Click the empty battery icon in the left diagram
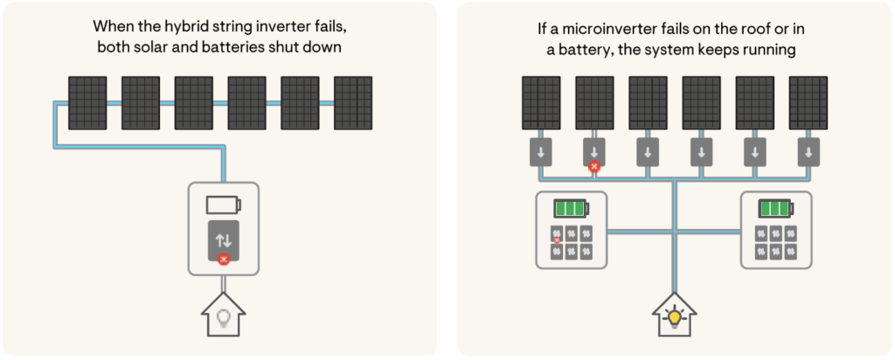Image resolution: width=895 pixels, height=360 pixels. click(x=223, y=206)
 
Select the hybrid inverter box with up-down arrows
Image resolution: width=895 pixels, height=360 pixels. click(x=223, y=239)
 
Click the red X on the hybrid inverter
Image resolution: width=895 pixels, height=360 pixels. click(x=223, y=259)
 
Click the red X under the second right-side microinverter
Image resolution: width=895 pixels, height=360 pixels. click(x=594, y=166)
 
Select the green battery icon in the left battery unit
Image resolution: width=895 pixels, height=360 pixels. click(x=570, y=210)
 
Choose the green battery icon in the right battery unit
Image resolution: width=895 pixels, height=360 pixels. click(x=775, y=210)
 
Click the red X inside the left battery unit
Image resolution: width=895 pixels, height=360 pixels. click(x=557, y=240)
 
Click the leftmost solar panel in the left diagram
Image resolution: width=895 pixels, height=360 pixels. click(x=87, y=103)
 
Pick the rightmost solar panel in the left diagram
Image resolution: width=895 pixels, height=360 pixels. click(x=352, y=103)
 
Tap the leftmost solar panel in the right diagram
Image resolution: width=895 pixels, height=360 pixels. click(x=541, y=103)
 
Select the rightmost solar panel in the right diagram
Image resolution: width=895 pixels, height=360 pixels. click(x=806, y=103)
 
